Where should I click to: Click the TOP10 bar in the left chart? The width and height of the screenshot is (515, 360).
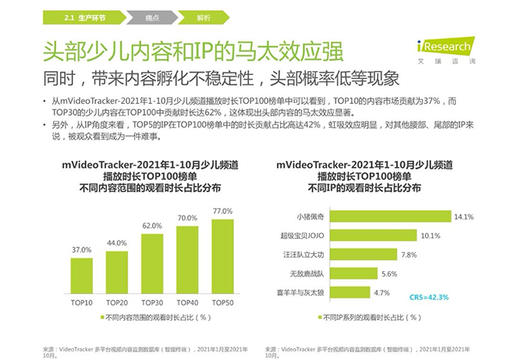[x=81, y=276]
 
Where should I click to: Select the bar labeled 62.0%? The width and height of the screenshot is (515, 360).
[x=152, y=263]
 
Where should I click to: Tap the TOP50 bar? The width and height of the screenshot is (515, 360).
[x=222, y=256]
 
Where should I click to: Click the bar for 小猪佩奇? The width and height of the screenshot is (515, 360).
[x=390, y=216]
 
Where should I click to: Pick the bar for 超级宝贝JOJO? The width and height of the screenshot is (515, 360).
[x=374, y=235]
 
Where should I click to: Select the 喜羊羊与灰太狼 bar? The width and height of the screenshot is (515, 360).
[x=350, y=292]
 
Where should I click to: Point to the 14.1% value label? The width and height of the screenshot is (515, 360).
[x=463, y=216]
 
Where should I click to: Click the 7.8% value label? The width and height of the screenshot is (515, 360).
[x=409, y=255]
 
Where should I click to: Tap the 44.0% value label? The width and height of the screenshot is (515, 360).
[x=116, y=243]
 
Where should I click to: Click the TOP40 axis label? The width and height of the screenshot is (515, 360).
[x=187, y=302]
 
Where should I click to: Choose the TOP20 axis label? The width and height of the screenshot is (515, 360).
[x=116, y=302]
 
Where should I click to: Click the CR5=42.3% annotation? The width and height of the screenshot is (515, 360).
[x=429, y=298]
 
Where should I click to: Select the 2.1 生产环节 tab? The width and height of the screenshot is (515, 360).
[x=84, y=18]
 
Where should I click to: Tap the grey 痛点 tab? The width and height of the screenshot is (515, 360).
[x=152, y=18]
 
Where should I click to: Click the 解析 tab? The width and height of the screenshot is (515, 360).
[x=204, y=18]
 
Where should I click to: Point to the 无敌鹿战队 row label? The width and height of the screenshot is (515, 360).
[x=307, y=273]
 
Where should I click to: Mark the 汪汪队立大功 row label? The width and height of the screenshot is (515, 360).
[x=304, y=255]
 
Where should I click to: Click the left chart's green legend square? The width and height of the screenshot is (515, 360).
[x=102, y=317]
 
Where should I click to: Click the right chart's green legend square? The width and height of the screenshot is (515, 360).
[x=320, y=317]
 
